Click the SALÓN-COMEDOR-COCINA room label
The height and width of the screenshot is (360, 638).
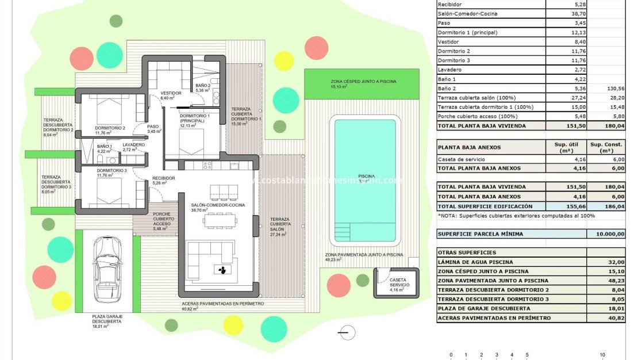tap(218, 205)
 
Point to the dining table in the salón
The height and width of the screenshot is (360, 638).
tap(220, 221)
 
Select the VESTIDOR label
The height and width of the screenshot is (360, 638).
tap(171, 93)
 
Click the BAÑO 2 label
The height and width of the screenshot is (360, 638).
tap(203, 86)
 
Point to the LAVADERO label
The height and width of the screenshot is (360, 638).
tap(133, 145)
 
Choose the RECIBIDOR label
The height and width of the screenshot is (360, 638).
tap(163, 178)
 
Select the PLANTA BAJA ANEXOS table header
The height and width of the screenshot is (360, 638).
tap(469, 147)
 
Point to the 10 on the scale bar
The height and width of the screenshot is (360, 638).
tap(602, 355)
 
